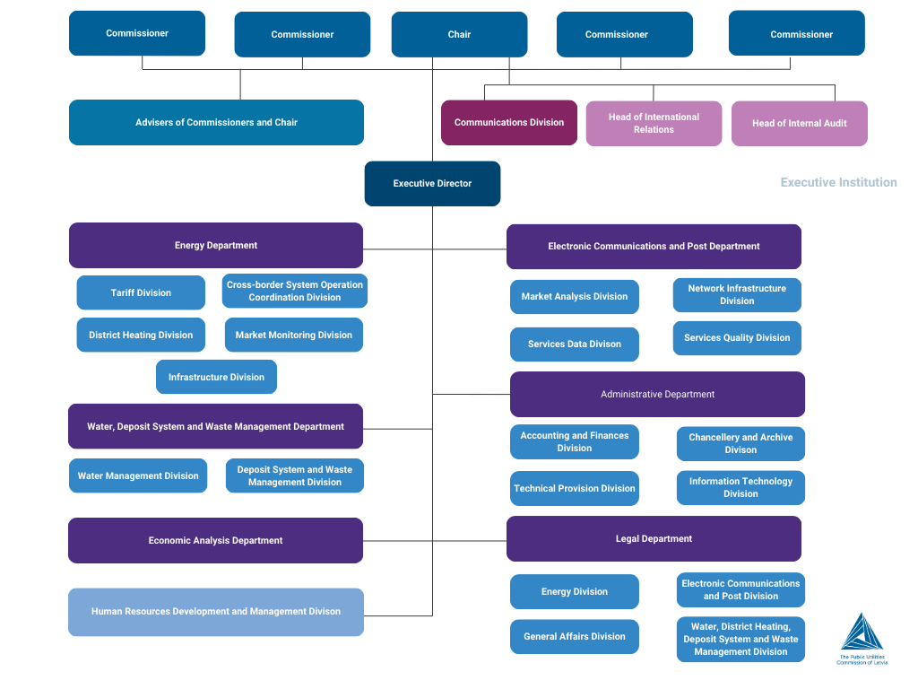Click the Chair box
459,34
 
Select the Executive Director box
432,183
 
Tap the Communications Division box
509,123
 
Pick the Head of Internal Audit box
799,124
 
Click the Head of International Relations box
654,124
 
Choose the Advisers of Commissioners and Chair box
216,123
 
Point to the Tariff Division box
141,292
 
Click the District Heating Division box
141,335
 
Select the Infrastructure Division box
216,377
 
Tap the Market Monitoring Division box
293,335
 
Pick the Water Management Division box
138,475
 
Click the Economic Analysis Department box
215,540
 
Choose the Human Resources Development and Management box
216,612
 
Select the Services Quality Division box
737,338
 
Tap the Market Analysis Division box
575,297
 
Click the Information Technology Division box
740,487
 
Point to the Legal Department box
654,538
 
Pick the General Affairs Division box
575,636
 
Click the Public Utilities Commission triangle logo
862,632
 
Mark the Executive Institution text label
838,182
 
